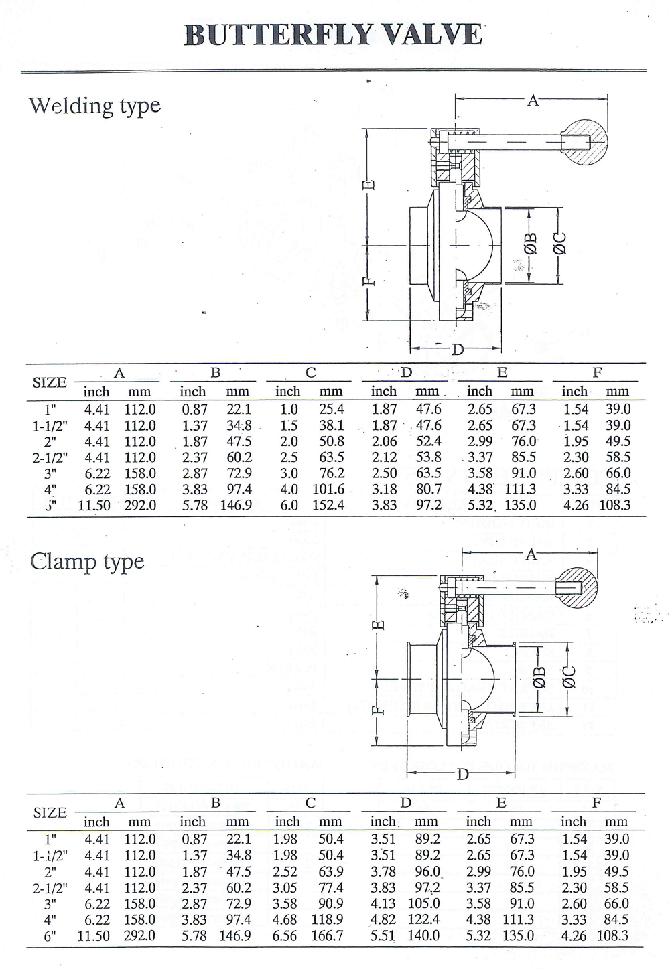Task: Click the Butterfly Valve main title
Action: pyautogui.click(x=333, y=35)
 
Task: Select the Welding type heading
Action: pyautogui.click(x=94, y=106)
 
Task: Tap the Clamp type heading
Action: pyautogui.click(x=87, y=561)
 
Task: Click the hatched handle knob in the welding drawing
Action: pyautogui.click(x=583, y=142)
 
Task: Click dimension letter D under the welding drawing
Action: pyautogui.click(x=458, y=349)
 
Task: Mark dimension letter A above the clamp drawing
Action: pyautogui.click(x=531, y=554)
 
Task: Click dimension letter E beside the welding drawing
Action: pyautogui.click(x=368, y=185)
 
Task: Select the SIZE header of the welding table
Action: pyautogui.click(x=50, y=382)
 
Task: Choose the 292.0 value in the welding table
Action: pyautogui.click(x=140, y=506)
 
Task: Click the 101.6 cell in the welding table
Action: pyautogui.click(x=328, y=490)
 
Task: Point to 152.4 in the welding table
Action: pyautogui.click(x=328, y=506)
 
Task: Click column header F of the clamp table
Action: pyautogui.click(x=596, y=802)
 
